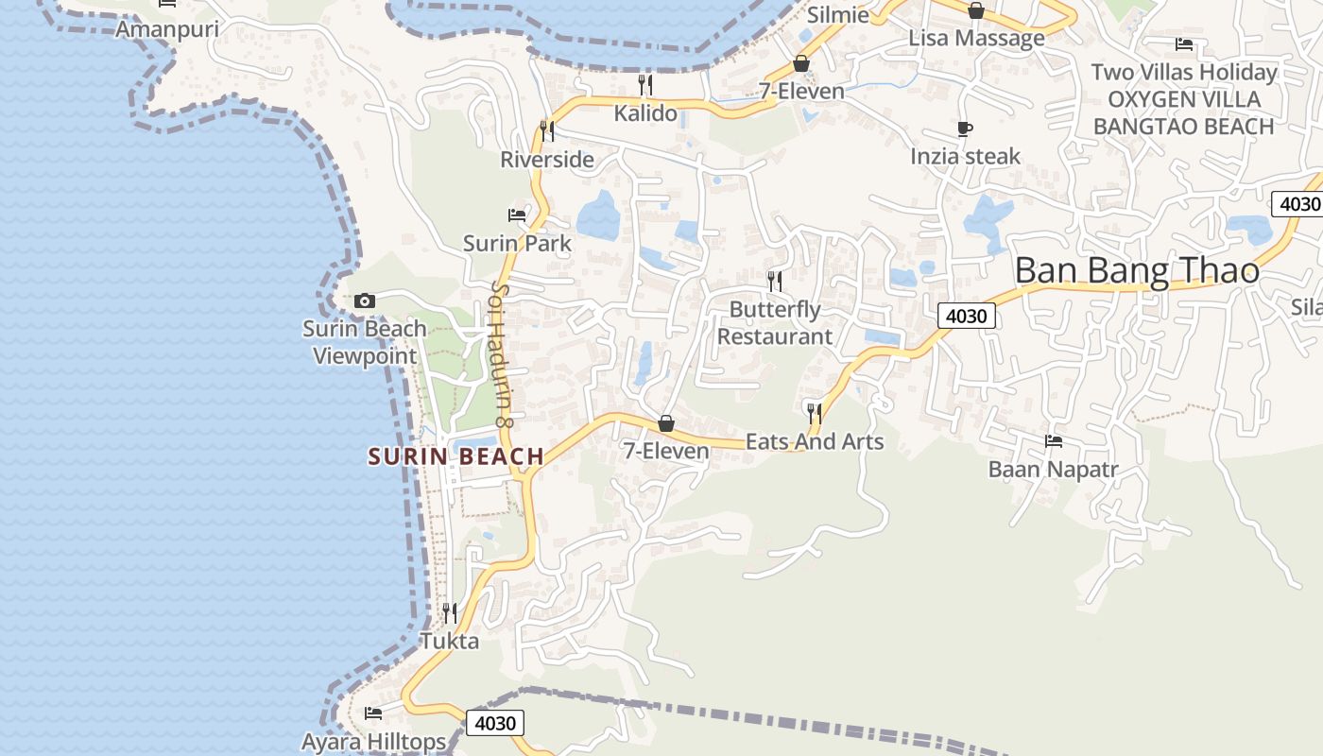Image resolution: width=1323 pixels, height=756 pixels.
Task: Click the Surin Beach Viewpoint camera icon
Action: pos(365,301)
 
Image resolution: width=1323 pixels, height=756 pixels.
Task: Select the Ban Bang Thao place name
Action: pos(1136,271)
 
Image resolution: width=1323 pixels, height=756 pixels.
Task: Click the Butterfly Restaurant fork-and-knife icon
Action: pos(775,281)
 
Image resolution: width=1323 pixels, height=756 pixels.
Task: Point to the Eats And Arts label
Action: pos(815,441)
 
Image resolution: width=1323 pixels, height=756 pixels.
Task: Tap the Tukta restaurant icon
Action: pos(450,613)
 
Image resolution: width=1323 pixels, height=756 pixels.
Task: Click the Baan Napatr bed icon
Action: pos(1054,441)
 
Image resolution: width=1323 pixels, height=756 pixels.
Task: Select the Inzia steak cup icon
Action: pos(965,129)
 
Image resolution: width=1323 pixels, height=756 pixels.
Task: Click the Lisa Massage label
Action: pos(976,38)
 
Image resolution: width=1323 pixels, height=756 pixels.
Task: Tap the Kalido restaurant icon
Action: pos(645,85)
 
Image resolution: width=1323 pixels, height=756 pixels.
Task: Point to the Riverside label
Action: pos(547,160)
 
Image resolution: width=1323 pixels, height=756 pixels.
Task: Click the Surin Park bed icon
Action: pos(517,215)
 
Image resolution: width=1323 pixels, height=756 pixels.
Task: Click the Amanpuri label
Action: pos(166,29)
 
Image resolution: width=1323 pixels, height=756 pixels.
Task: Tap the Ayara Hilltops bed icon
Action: pos(373,713)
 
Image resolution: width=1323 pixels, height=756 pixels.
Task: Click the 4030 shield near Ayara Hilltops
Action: pos(494,724)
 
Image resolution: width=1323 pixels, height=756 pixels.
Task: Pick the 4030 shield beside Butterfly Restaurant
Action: pos(966,316)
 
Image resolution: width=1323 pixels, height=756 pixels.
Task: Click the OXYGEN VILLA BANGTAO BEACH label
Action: pos(1183,112)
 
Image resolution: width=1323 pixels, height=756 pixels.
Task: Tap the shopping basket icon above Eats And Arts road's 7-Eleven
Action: pos(666,423)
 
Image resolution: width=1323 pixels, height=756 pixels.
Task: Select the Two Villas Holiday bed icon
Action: pos(1183,44)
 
